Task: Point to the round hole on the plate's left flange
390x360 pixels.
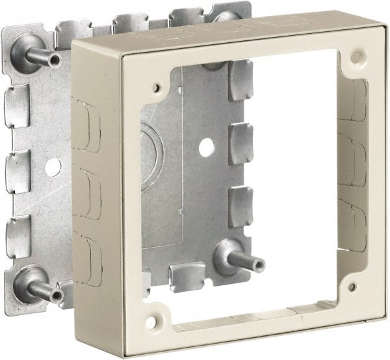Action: point(53,166)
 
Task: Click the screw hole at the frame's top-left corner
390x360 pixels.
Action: point(157,85)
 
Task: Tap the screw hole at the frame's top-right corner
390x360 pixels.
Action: point(356,57)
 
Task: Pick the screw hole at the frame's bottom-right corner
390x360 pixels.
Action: point(352,286)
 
